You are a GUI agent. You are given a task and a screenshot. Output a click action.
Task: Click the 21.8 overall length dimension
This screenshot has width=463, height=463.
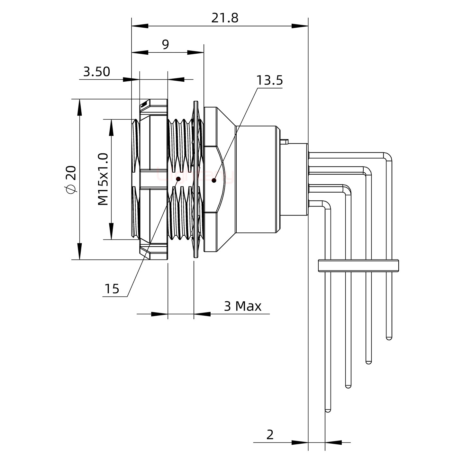click(x=225, y=18)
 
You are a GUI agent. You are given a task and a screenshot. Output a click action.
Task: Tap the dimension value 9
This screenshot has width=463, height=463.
click(x=165, y=45)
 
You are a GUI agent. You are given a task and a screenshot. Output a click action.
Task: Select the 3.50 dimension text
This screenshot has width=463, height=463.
click(x=96, y=72)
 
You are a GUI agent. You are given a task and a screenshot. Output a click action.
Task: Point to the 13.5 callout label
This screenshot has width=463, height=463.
click(x=269, y=80)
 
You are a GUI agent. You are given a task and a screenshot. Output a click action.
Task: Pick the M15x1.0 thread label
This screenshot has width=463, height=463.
click(x=103, y=179)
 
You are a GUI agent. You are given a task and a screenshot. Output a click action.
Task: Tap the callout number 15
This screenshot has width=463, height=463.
click(x=112, y=289)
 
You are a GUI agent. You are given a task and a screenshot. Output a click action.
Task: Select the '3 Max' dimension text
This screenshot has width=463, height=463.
click(x=242, y=306)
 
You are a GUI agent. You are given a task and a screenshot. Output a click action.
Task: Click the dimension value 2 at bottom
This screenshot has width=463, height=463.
click(x=270, y=435)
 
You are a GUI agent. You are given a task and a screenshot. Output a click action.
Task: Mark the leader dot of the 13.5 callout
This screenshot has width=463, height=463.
click(x=214, y=180)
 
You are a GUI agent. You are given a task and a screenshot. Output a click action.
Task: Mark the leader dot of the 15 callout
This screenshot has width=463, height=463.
click(x=178, y=179)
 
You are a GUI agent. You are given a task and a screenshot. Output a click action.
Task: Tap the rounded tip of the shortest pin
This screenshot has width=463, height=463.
click(x=389, y=338)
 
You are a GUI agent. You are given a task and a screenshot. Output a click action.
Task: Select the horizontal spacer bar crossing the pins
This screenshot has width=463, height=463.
click(x=358, y=265)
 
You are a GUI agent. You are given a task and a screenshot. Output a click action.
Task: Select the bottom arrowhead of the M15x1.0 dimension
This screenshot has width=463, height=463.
click(x=112, y=232)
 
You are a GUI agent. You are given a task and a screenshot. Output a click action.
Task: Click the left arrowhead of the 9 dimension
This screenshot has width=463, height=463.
click(x=140, y=52)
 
